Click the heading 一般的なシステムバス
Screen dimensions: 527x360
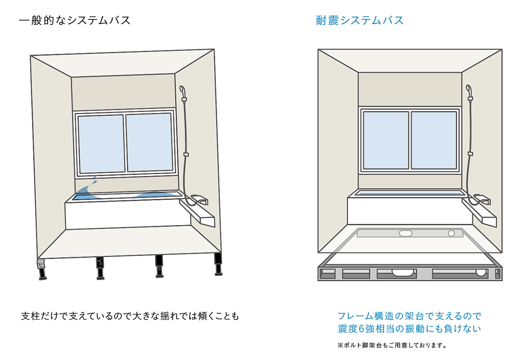click(x=75, y=21)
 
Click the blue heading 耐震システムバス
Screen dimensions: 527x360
click(x=360, y=21)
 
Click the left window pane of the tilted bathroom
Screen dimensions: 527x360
click(x=102, y=144)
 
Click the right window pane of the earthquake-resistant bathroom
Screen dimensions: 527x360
click(x=434, y=140)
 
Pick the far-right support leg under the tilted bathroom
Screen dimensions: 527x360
click(x=218, y=264)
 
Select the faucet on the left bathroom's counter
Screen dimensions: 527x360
click(x=200, y=199)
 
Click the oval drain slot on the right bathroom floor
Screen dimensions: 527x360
click(x=406, y=234)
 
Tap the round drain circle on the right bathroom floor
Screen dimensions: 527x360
click(x=451, y=234)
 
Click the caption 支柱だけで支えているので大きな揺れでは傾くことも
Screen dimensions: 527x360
click(x=130, y=316)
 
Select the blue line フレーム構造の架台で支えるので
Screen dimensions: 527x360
click(x=410, y=316)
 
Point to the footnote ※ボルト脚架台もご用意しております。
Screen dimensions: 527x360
click(x=392, y=345)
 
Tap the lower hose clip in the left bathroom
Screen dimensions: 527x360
click(x=186, y=155)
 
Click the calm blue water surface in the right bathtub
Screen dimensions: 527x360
click(x=408, y=194)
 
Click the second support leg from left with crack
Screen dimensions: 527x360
click(x=100, y=268)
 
